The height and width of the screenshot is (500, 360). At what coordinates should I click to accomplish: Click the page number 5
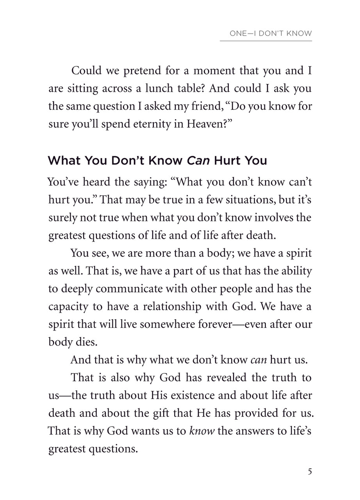(x=310, y=471)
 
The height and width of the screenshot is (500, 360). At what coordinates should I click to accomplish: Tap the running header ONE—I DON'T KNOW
(x=271, y=34)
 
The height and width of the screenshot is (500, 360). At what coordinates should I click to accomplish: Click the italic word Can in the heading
(x=197, y=161)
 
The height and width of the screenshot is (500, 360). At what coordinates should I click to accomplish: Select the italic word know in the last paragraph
(x=202, y=431)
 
